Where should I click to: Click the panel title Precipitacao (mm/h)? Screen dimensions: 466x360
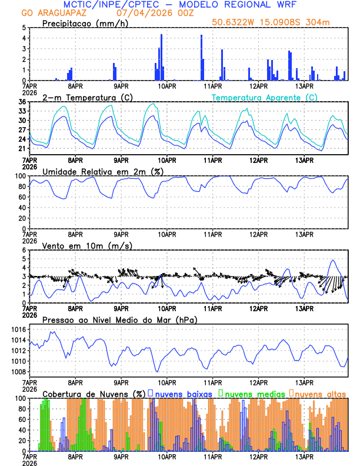pyautogui.click(x=85, y=23)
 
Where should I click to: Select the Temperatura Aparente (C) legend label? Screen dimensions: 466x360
pyautogui.click(x=265, y=97)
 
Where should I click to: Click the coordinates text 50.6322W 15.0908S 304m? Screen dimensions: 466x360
pyautogui.click(x=278, y=23)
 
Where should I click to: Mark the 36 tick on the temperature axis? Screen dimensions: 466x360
pyautogui.click(x=22, y=102)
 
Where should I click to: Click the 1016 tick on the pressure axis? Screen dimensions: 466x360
pyautogui.click(x=17, y=329)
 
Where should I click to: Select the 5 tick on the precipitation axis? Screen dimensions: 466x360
pyautogui.click(x=24, y=28)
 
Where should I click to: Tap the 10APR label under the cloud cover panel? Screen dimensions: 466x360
pyautogui.click(x=167, y=457)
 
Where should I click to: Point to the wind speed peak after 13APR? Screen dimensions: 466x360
pyautogui.click(x=334, y=260)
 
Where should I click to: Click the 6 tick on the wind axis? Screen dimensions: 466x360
pyautogui.click(x=24, y=250)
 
